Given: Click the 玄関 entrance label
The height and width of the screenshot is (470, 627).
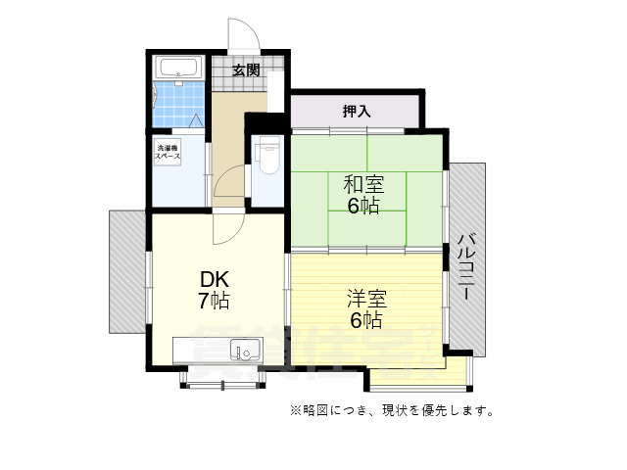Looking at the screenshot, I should [x=247, y=70].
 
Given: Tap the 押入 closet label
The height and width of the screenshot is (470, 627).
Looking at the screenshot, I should [x=357, y=111].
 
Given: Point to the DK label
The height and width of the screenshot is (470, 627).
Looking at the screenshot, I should [x=215, y=277].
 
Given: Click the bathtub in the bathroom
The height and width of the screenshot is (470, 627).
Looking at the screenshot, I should [x=178, y=69].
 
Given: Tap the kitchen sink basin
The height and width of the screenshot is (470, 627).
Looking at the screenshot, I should [x=244, y=350].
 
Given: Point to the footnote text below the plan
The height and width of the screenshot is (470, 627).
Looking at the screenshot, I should [x=391, y=410].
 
